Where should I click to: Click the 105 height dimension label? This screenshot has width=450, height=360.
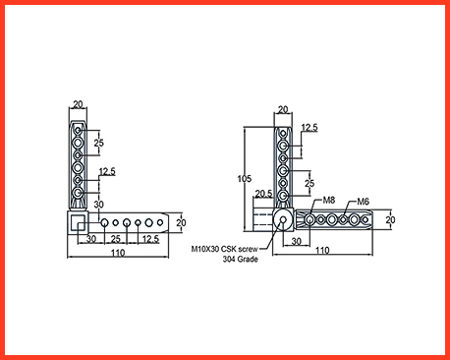point(245,179)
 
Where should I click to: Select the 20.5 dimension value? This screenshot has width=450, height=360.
point(263,194)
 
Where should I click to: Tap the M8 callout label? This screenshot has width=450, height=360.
point(329,200)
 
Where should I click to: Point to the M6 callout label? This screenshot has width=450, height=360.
point(363,202)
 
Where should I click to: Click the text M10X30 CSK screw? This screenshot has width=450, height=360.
point(224,249)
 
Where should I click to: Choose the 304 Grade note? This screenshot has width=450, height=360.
point(240,259)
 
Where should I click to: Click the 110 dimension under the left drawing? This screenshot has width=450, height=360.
point(118,253)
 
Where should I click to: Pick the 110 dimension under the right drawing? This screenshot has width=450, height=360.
point(322,251)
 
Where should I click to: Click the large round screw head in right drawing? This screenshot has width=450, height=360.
point(283,219)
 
